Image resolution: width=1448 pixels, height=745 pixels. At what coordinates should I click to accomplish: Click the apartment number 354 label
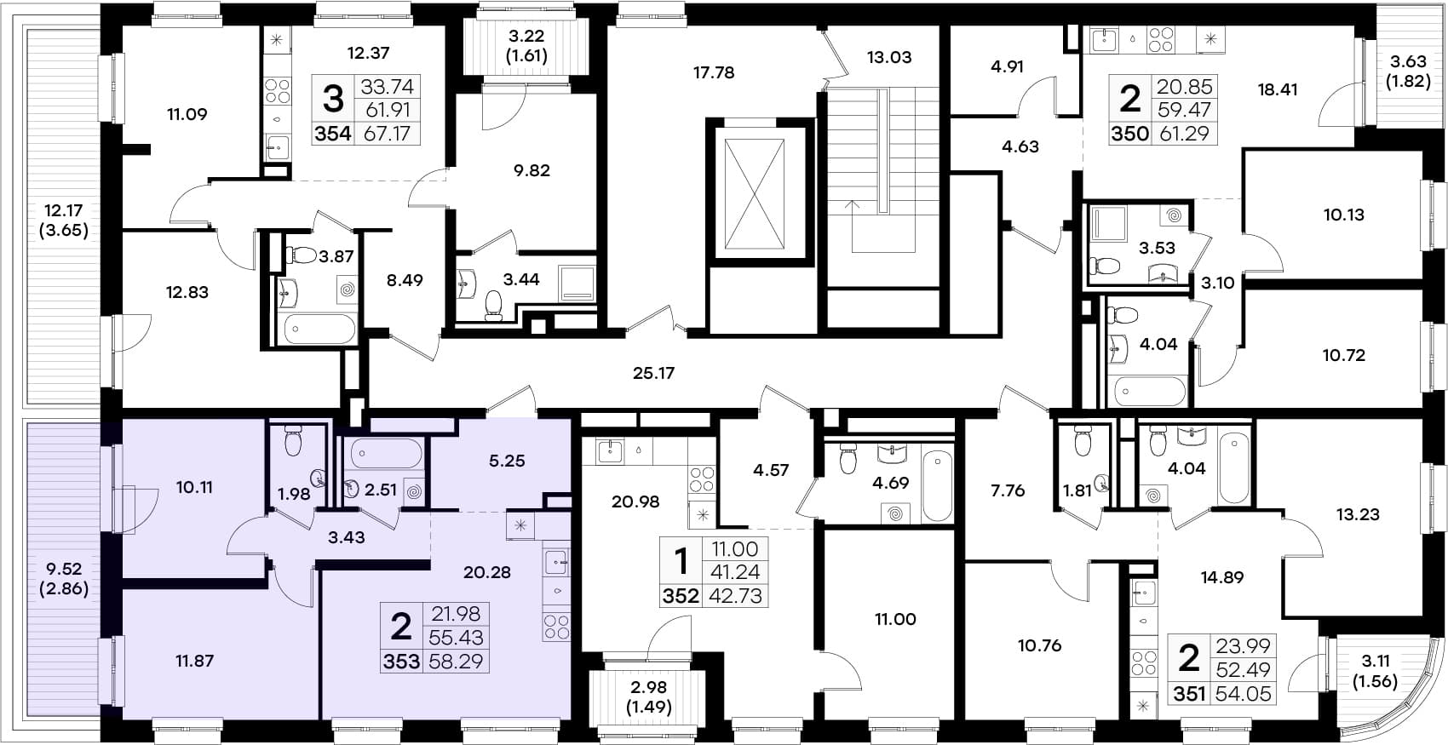coord(333,134)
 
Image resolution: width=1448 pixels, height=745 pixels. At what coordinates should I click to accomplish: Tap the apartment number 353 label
coord(401,662)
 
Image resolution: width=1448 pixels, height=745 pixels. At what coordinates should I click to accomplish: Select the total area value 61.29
coord(1184,134)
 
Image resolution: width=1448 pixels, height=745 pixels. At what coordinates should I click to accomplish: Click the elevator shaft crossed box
coord(755,193)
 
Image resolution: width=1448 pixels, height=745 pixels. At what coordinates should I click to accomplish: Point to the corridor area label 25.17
coord(653,373)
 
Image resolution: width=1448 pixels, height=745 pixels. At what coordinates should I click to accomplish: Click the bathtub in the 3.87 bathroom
coord(320,329)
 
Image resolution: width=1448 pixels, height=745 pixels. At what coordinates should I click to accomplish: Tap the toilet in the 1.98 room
coord(293,441)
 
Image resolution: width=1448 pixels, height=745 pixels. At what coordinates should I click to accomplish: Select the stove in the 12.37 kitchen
coord(278,90)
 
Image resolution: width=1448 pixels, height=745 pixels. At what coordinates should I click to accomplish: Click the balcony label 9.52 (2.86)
coord(63,579)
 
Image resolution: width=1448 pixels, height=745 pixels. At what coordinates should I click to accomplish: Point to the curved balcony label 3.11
coord(1375,661)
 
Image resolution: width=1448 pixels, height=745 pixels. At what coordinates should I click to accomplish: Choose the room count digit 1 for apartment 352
coord(681,561)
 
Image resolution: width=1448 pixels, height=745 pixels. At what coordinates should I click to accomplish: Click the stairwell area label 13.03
coord(889,58)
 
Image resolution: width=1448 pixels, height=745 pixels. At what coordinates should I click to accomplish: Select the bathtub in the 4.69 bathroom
coord(937,486)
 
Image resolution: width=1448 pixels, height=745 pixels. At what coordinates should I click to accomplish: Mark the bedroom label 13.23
coord(1358,514)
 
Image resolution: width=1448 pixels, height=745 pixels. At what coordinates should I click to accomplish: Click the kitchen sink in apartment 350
coord(1104,40)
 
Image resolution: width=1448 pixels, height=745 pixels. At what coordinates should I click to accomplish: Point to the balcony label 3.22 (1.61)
coord(526,46)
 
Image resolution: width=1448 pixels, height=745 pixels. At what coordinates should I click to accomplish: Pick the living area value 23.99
coord(1243,645)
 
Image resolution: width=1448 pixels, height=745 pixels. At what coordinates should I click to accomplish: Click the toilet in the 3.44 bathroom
coord(493,305)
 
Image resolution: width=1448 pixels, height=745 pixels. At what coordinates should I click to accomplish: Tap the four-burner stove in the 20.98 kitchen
coord(701,479)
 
